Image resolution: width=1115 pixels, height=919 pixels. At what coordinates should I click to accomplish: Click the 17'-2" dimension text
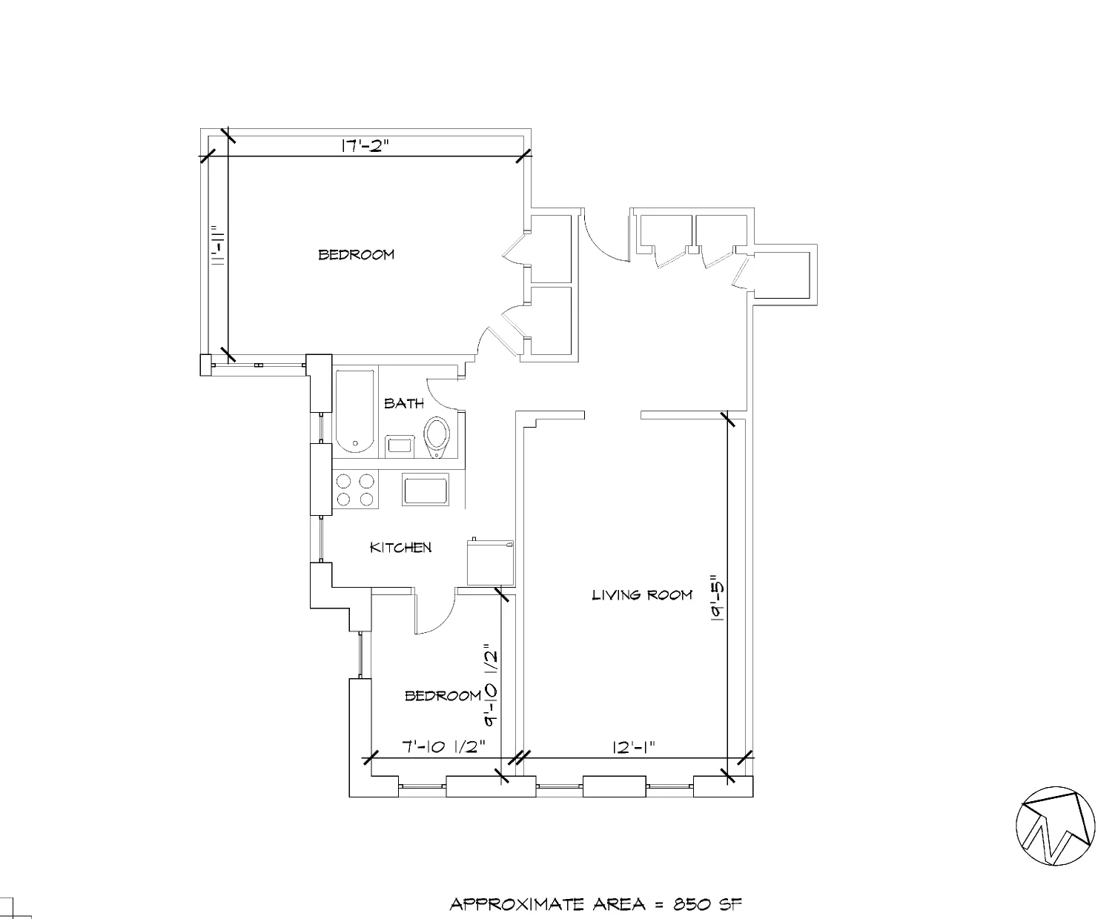365,146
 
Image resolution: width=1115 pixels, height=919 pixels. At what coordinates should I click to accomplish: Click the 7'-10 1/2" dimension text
443,747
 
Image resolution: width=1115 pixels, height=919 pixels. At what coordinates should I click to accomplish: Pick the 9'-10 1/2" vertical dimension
490,684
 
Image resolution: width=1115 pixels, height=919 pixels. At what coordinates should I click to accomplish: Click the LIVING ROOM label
642,594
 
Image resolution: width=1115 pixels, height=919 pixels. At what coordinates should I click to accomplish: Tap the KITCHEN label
400,548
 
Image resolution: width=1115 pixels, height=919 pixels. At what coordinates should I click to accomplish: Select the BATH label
404,403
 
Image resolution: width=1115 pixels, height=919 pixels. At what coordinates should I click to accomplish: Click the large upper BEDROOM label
356,254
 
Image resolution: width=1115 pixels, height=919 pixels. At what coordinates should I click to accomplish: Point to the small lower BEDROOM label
443,696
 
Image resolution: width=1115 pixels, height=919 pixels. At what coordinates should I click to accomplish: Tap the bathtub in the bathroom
356,411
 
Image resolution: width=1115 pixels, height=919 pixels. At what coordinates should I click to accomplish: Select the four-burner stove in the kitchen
355,490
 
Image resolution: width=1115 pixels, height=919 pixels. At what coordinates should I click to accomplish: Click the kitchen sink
426,490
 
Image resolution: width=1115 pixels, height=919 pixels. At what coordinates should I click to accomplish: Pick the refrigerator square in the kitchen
489,564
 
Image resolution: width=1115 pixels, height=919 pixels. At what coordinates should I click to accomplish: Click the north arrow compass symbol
1057,826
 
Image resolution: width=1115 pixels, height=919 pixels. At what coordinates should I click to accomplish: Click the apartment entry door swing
603,236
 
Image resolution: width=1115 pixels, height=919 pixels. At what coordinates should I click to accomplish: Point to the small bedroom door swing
435,614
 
